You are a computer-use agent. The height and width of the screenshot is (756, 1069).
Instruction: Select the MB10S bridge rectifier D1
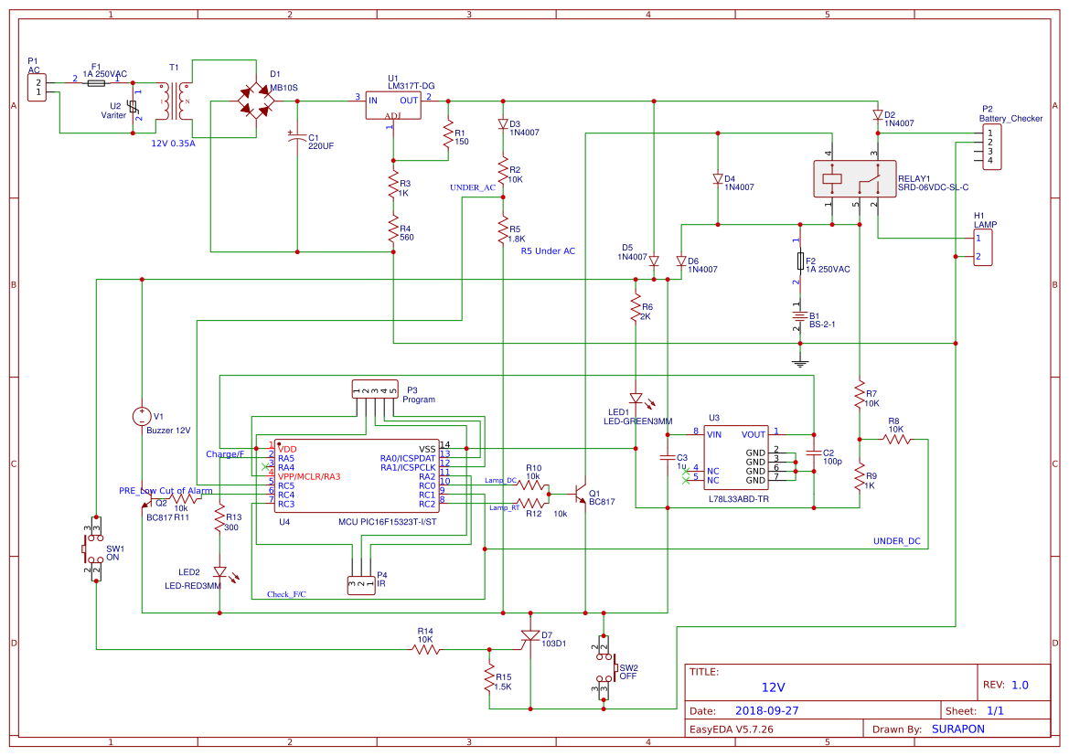point(256,101)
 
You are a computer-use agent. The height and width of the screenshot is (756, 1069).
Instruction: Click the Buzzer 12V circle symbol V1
point(142,416)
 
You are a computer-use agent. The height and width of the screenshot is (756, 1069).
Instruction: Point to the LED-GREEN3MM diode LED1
point(635,398)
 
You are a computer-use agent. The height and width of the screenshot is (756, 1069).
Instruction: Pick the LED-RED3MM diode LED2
point(219,571)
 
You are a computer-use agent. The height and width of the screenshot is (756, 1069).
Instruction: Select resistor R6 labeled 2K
point(635,311)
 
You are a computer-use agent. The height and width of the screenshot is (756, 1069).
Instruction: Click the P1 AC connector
point(37,88)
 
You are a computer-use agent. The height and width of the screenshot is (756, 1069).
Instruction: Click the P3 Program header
point(376,390)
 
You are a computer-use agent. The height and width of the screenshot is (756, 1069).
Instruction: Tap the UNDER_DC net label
point(896,541)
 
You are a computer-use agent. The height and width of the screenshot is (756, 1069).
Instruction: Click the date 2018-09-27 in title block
point(766,710)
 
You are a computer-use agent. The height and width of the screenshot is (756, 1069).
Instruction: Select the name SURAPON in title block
point(958,729)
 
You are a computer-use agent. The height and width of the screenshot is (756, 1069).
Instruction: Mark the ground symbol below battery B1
point(801,364)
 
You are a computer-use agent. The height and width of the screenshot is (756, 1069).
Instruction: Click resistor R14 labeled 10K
point(426,649)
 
